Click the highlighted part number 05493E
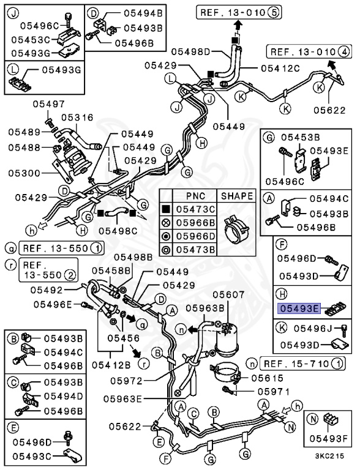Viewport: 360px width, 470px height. pos(299,308)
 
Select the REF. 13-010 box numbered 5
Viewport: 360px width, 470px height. pos(239,12)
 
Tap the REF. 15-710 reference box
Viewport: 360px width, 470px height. pos(302,364)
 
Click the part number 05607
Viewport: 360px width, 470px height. pos(228,294)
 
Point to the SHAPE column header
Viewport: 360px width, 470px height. pos(237,196)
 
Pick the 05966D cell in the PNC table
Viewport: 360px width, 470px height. pos(195,236)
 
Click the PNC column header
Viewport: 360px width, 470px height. pos(195,196)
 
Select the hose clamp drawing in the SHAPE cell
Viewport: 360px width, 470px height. pos(237,229)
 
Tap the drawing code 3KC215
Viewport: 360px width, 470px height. pos(329,455)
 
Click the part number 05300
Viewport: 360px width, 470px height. pos(24,173)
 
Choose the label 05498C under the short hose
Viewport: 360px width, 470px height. pos(118,231)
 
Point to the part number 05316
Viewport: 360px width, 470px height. pos(77,117)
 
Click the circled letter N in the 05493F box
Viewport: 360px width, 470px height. pos(313,419)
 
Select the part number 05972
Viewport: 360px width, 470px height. pos(126,381)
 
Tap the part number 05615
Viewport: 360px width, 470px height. pos(268,378)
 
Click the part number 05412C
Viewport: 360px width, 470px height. pos(280,69)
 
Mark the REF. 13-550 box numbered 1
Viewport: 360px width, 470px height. pos(62,248)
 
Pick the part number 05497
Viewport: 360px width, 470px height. pos(48,104)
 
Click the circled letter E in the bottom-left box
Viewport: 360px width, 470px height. pos(13,428)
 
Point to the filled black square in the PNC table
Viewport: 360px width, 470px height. pos(166,209)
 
